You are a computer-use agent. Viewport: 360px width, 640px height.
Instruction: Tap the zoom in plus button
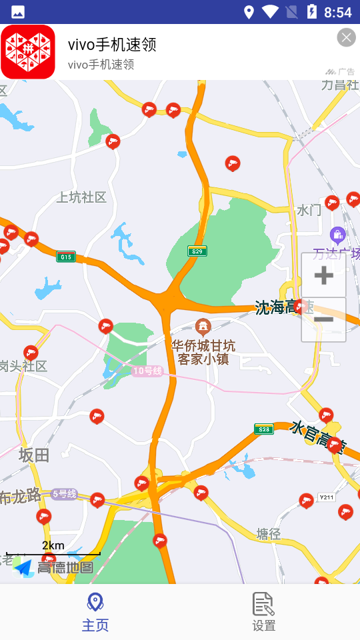[x=323, y=275]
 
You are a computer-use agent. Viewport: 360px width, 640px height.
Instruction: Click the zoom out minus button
[x=323, y=320]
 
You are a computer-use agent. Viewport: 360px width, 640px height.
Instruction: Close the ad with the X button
[x=346, y=38]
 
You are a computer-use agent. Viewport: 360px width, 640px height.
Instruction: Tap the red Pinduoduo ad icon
[x=28, y=52]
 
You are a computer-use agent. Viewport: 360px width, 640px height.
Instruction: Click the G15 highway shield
[x=65, y=257]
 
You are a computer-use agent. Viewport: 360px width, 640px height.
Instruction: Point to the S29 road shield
[x=197, y=251]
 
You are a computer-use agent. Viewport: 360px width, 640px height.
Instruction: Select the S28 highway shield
[x=264, y=429]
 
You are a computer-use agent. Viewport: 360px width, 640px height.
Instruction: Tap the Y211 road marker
[x=326, y=497]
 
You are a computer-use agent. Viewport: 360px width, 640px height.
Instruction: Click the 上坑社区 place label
[x=81, y=197]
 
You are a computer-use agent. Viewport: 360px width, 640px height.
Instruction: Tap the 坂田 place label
[x=34, y=455]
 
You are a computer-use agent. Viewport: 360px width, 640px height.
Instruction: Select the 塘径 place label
[x=269, y=533]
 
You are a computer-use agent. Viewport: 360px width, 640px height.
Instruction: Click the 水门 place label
[x=309, y=211]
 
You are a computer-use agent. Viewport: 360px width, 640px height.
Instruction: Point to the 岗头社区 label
[x=24, y=366]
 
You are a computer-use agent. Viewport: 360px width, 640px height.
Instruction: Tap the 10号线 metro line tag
[x=147, y=371]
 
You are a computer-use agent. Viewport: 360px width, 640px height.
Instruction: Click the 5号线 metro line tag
[x=64, y=494]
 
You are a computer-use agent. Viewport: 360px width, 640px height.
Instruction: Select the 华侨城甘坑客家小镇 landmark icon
[x=203, y=327]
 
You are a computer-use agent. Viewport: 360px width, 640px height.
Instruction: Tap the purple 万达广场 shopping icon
[x=337, y=235]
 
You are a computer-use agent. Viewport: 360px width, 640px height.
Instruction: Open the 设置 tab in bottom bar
[x=264, y=612]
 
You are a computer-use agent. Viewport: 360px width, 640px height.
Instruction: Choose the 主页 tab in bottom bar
[x=95, y=612]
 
